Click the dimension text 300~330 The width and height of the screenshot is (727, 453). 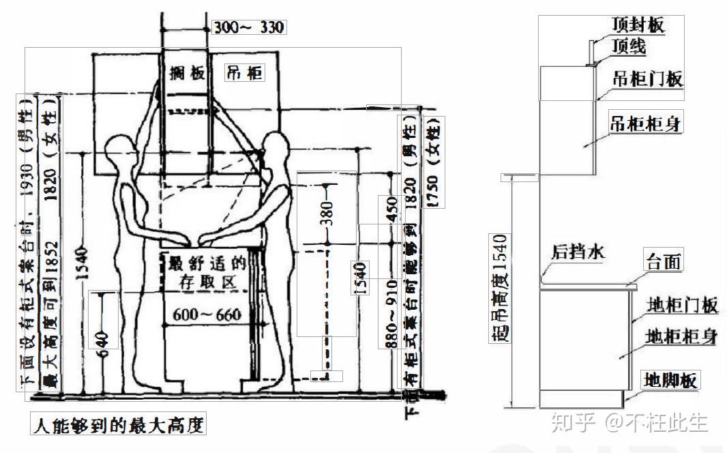pyautogui.click(x=248, y=27)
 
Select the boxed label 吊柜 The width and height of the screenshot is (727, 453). pyautogui.click(x=243, y=72)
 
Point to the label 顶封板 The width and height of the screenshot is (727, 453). pyautogui.click(x=637, y=26)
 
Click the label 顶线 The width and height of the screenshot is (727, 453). pyautogui.click(x=628, y=47)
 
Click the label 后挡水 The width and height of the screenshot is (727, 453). pyautogui.click(x=578, y=252)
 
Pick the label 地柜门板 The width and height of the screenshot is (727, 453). pyautogui.click(x=681, y=306)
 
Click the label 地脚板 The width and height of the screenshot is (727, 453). pyautogui.click(x=671, y=380)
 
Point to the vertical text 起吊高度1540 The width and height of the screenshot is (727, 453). pyautogui.click(x=501, y=287)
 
